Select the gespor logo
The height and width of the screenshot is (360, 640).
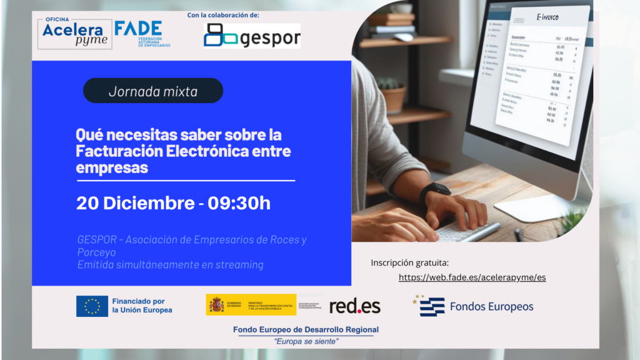252,36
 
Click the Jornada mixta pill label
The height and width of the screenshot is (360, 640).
153,91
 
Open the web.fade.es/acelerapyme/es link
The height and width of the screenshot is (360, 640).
472,277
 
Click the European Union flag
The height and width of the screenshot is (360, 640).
92,306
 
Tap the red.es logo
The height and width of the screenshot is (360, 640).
354,306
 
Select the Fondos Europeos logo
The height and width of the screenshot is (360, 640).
473,306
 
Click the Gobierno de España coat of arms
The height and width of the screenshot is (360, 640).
216,305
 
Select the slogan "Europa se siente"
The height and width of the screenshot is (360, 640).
307,341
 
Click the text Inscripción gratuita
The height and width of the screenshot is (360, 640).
410,262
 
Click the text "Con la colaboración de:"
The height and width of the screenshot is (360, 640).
223,15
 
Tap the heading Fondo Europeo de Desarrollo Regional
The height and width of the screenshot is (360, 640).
306,329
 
